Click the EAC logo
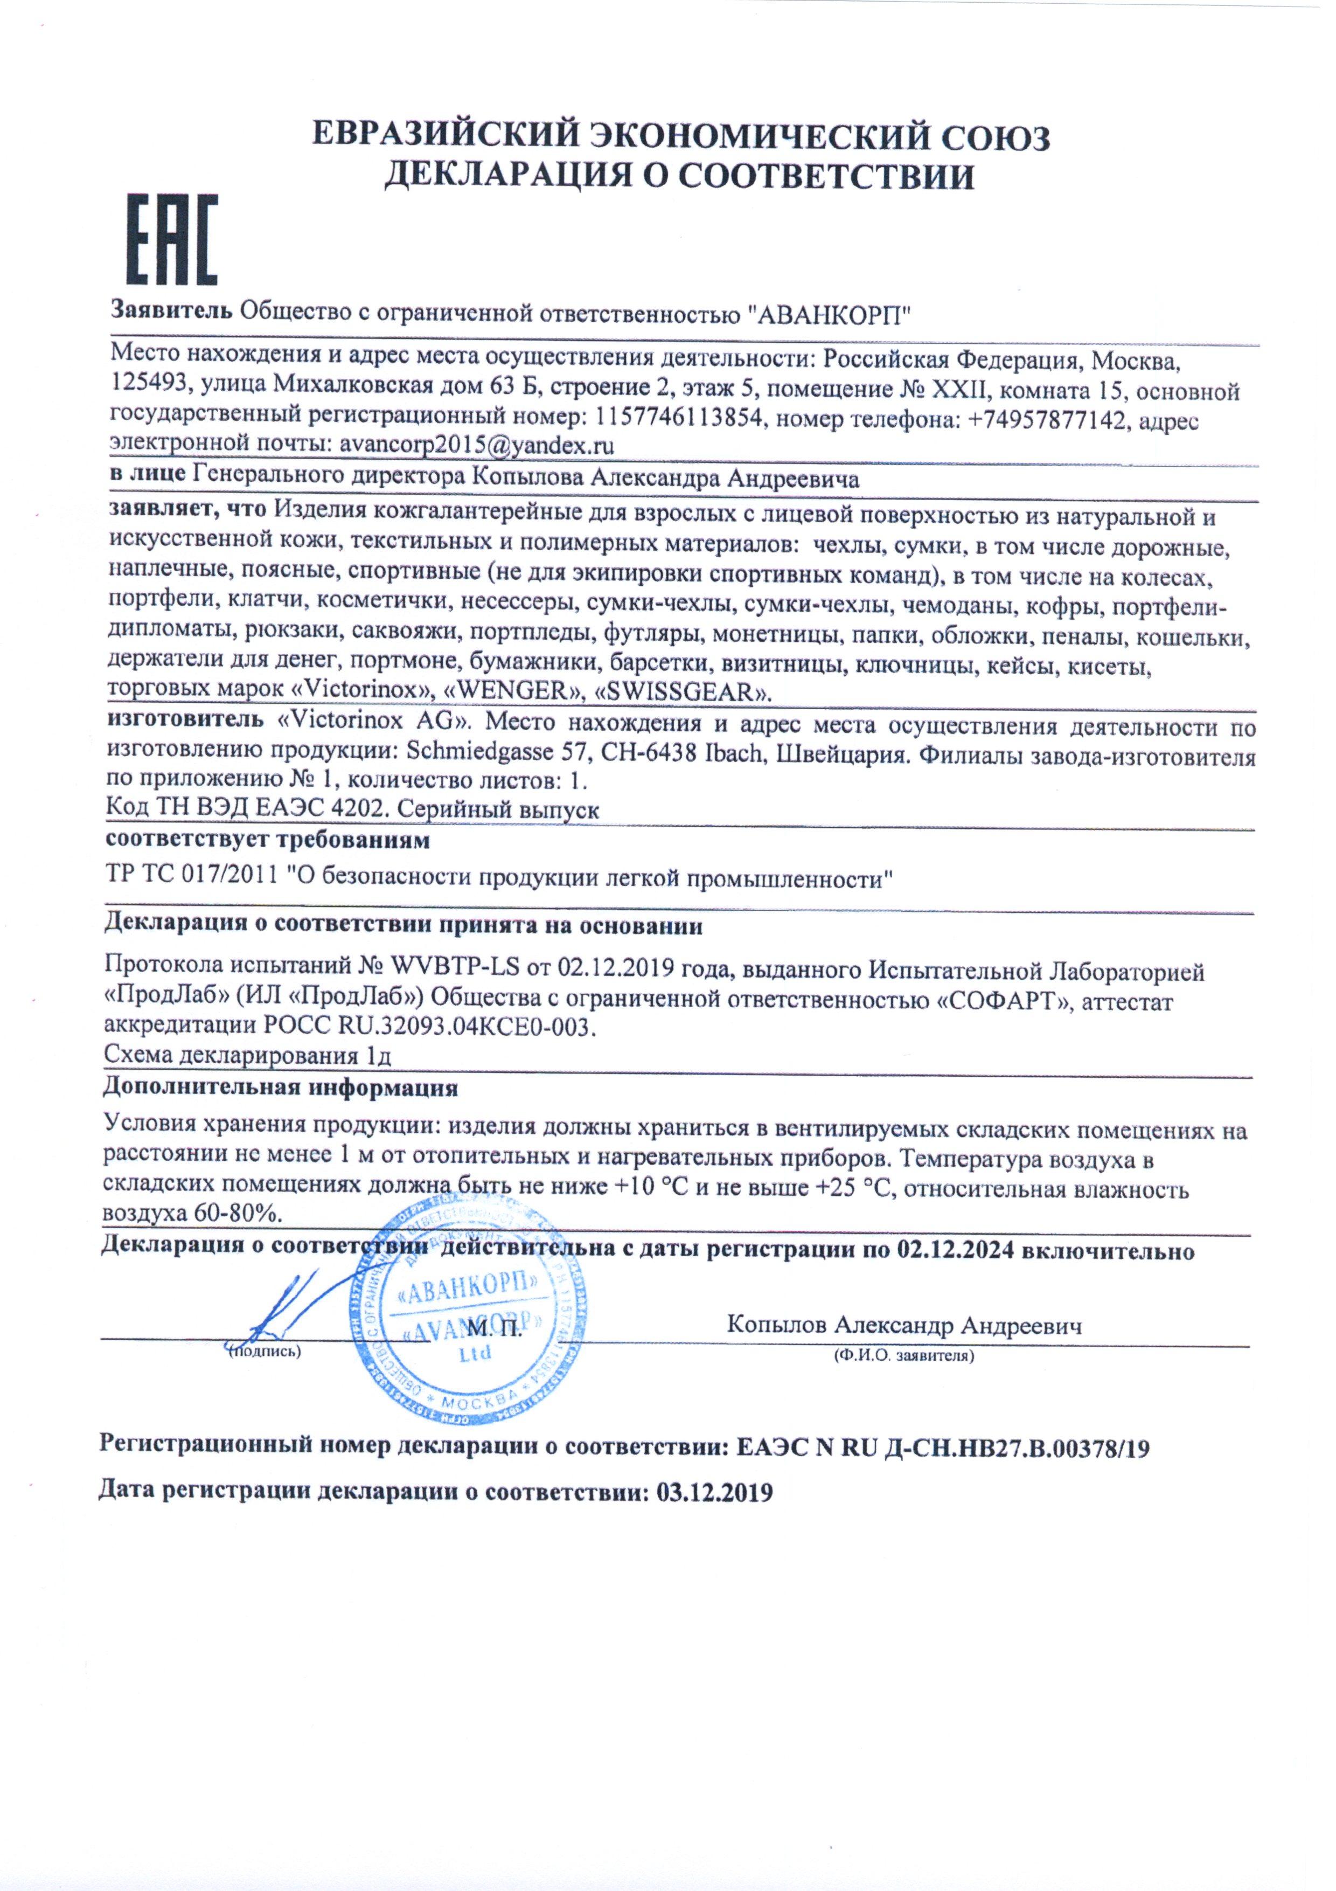coord(171,240)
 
